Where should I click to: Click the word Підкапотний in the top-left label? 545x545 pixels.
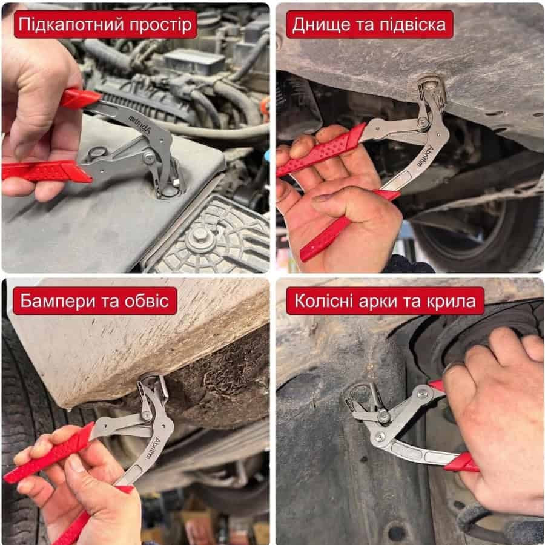point(71,24)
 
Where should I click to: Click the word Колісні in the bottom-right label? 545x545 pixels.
point(324,300)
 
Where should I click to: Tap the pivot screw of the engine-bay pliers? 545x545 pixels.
point(150,157)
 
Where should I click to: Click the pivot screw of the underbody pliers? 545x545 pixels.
point(423,122)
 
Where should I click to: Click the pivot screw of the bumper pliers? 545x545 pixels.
point(146,415)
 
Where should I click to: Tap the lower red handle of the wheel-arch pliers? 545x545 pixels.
point(461,462)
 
